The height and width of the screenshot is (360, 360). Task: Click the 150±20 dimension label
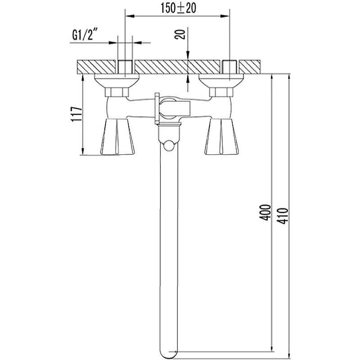[x=178, y=8]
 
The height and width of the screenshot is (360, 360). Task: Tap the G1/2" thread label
[x=84, y=35]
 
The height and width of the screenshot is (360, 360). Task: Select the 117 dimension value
[x=76, y=114]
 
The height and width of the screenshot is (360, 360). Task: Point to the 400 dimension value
[x=265, y=212]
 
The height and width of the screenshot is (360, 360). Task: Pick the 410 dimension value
[x=282, y=216]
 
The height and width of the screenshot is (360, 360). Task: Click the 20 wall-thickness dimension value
[x=180, y=35]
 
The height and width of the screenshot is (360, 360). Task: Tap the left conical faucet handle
[x=117, y=137]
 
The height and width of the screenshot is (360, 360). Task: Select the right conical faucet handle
[x=221, y=137]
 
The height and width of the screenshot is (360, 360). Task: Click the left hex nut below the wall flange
[x=117, y=92]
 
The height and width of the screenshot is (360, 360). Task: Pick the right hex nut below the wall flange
[x=221, y=92]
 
